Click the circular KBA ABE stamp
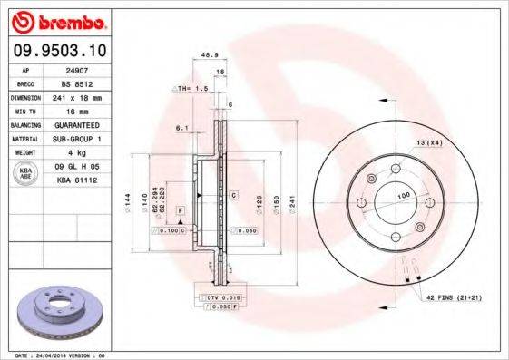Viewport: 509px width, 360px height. tap(25, 174)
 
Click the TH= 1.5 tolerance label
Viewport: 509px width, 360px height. tap(192, 90)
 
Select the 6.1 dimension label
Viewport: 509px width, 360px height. tap(182, 129)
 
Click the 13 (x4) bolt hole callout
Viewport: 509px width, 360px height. tap(429, 143)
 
